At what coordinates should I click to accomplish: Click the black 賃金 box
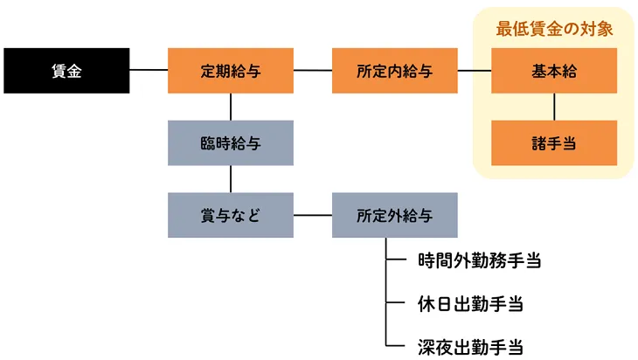click(66, 70)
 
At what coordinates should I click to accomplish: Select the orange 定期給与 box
click(230, 70)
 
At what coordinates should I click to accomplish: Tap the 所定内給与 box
click(394, 70)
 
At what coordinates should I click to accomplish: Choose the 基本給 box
click(554, 70)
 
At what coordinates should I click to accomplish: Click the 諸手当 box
click(554, 142)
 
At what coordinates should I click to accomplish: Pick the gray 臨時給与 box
click(230, 142)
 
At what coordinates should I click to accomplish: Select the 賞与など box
click(230, 214)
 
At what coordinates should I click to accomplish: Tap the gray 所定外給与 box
click(394, 214)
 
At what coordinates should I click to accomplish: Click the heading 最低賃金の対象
click(554, 28)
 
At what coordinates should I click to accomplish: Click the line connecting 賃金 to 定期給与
click(149, 69)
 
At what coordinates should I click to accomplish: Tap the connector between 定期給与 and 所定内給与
click(313, 69)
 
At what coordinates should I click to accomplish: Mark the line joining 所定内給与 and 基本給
click(475, 69)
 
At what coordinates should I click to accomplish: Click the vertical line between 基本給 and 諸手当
click(554, 107)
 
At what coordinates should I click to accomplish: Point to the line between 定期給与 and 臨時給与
click(230, 107)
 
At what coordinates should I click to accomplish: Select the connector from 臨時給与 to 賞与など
click(230, 178)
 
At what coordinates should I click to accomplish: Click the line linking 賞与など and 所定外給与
click(313, 214)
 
